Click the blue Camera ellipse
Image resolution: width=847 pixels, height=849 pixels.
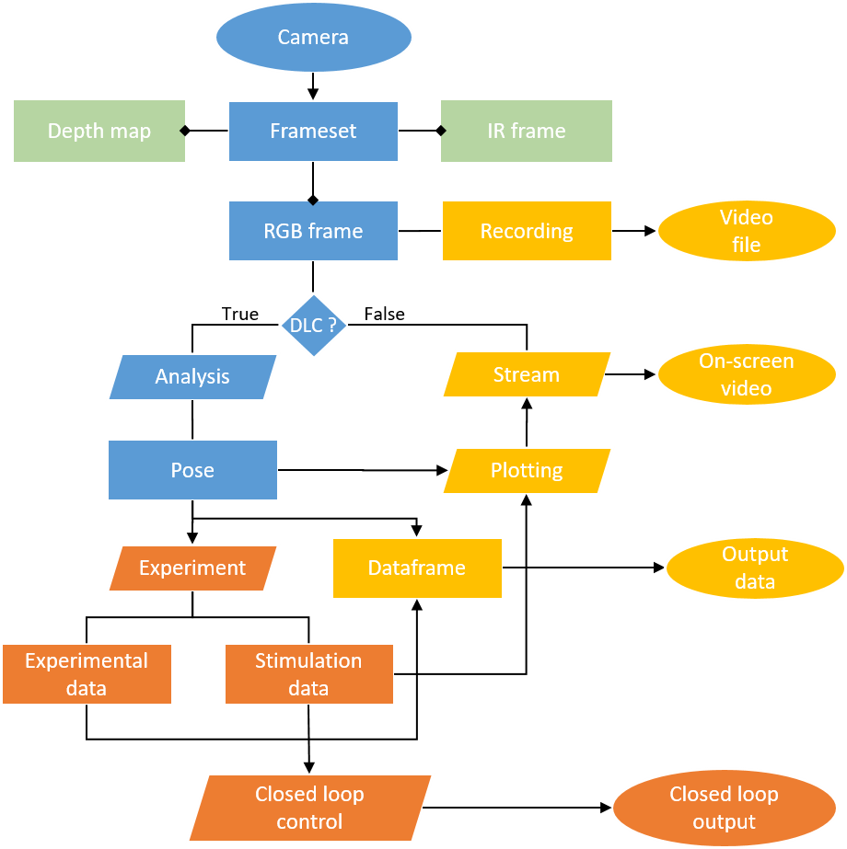pos(314,38)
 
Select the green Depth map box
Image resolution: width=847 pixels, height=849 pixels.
pos(99,131)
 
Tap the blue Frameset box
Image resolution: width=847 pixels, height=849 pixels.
pos(313,131)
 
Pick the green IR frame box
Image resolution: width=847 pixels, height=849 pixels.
pos(527,131)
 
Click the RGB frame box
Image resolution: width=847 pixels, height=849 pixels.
pos(313,231)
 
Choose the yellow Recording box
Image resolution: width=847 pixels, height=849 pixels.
pos(527,231)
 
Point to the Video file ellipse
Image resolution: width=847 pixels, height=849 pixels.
pos(747,231)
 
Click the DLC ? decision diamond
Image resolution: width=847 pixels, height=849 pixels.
pos(314,325)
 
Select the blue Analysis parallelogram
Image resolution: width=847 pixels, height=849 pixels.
pos(192,376)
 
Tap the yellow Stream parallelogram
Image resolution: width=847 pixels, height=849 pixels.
pos(527,374)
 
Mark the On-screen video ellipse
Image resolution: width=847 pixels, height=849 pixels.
pos(747,374)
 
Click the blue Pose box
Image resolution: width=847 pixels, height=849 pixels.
pos(192,470)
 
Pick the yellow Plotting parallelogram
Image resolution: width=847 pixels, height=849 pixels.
pos(527,470)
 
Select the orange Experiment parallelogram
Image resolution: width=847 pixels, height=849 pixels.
pos(192,568)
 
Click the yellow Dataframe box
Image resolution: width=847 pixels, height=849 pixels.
pos(417,568)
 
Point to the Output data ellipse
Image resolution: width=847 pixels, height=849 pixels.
pos(755,568)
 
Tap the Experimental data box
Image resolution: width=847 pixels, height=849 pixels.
pos(87,674)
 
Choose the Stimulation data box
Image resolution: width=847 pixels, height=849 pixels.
pos(308,674)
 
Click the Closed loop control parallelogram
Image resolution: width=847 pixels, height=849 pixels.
pos(310,808)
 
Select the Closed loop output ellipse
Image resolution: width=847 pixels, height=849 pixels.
pos(725,808)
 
